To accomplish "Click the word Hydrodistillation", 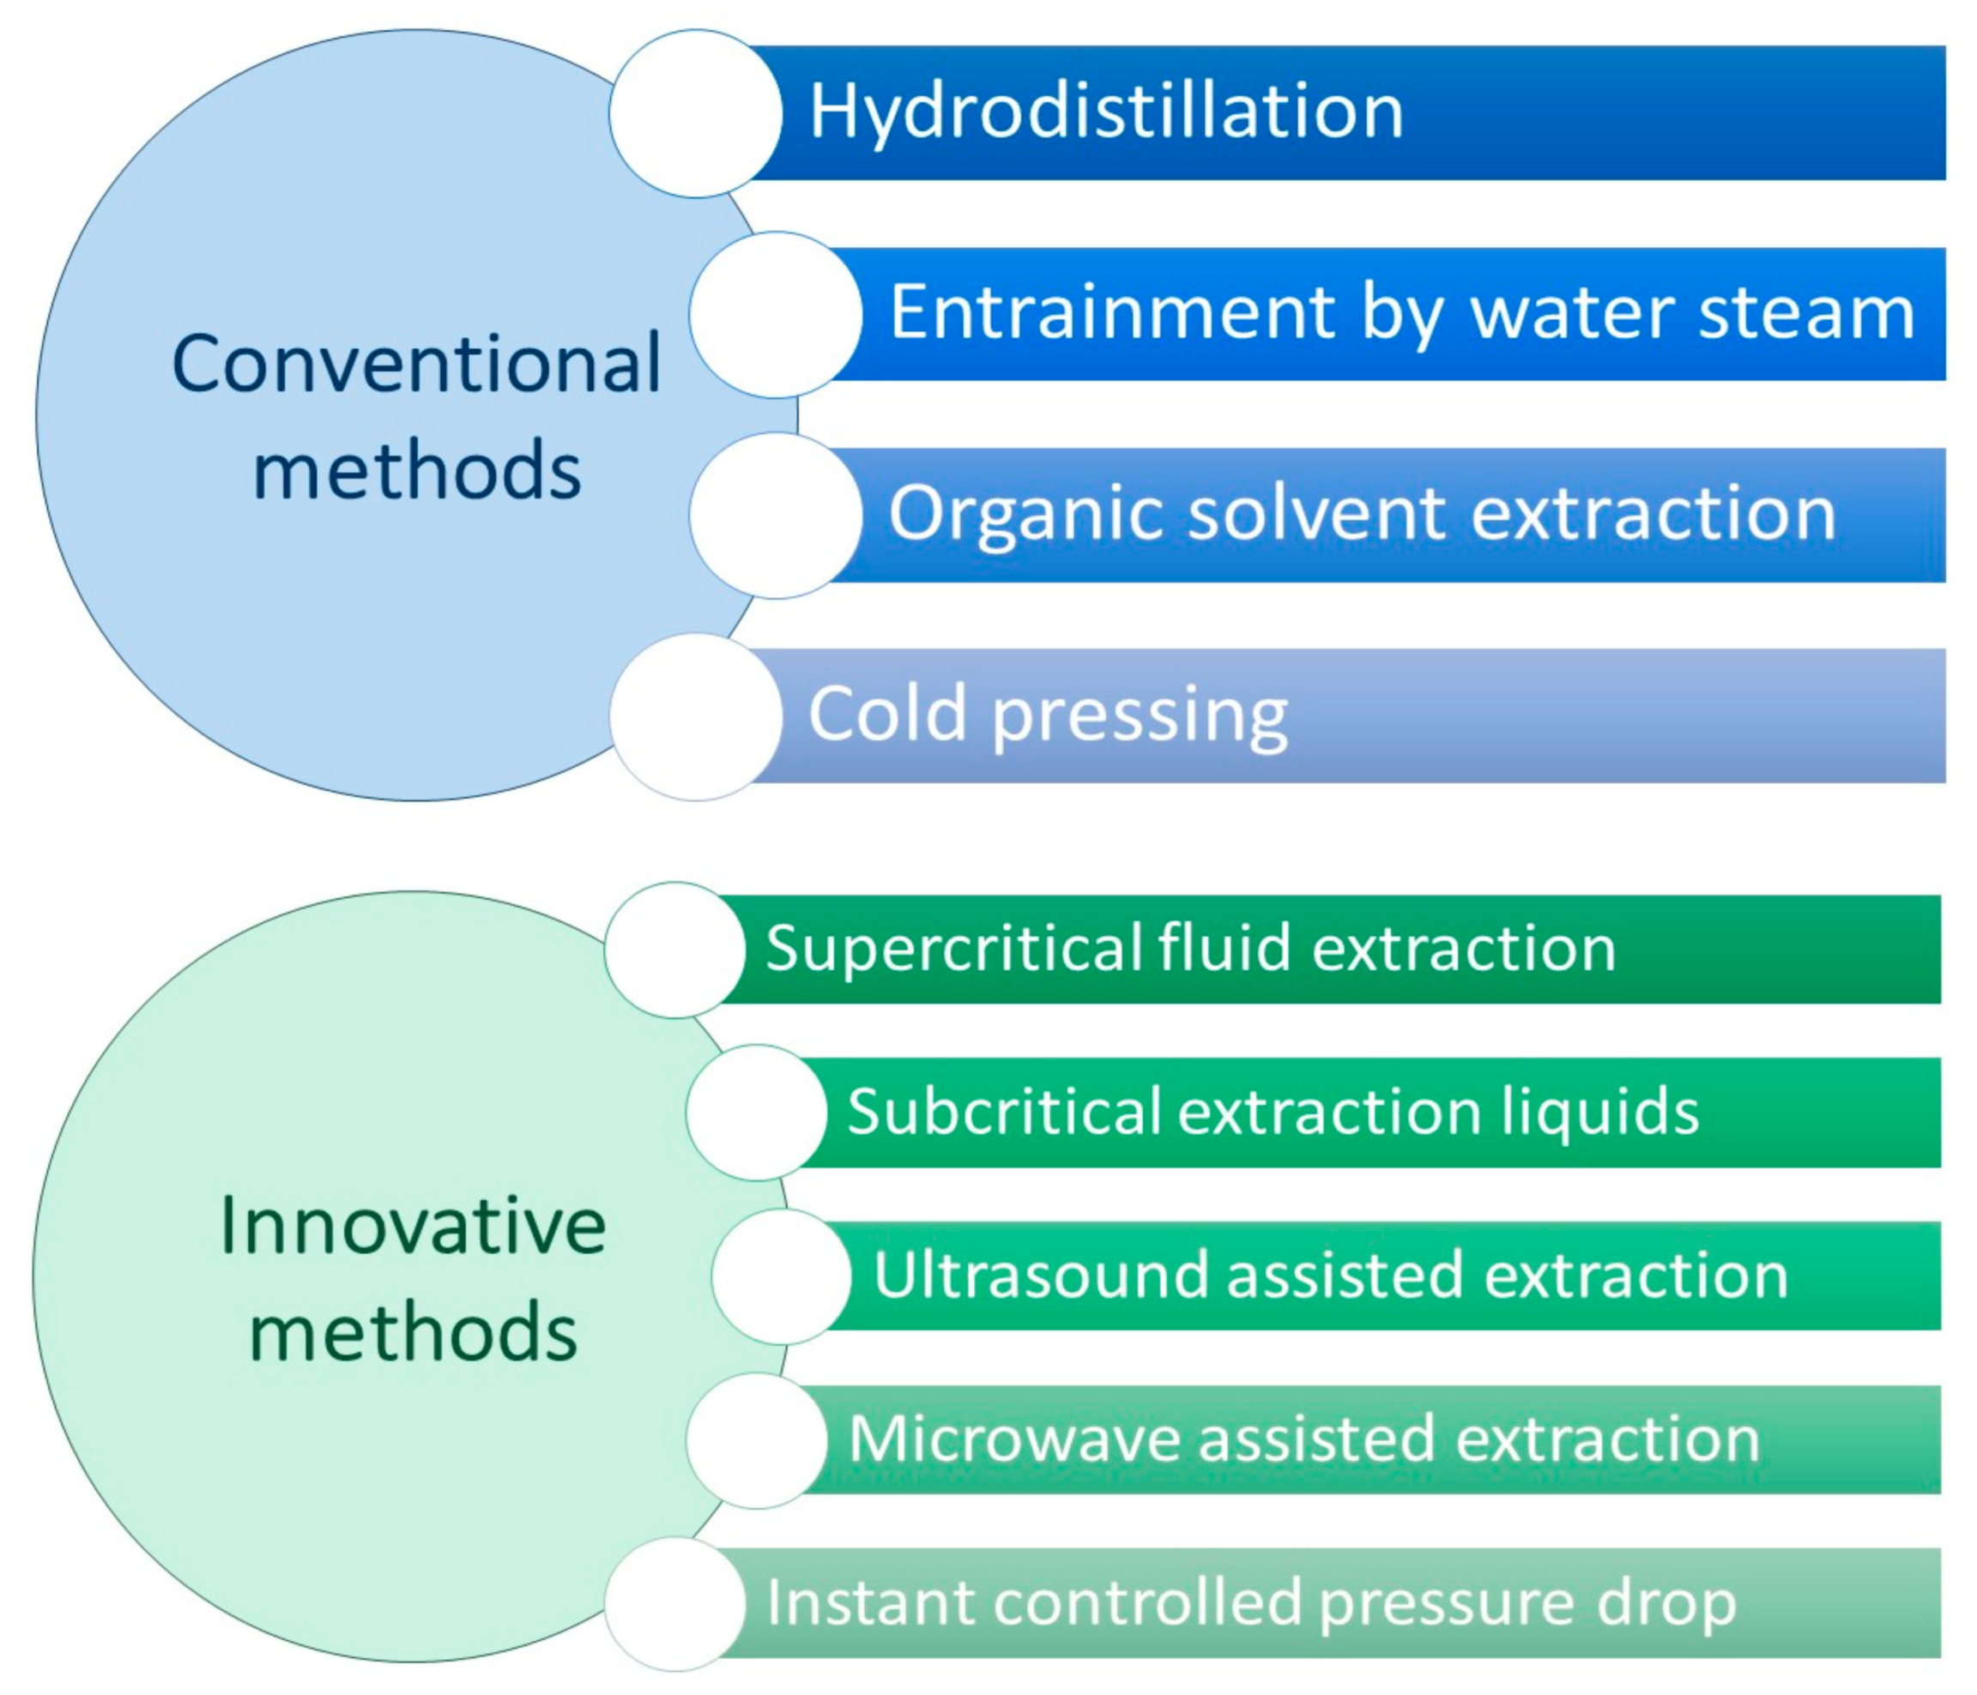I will click(1106, 112).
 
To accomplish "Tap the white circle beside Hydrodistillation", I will click(696, 113).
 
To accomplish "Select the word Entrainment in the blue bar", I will click(1110, 313).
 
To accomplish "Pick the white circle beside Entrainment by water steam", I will click(776, 315).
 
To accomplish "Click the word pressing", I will click(1140, 716).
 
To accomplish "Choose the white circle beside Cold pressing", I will click(696, 717).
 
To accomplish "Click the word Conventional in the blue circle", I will click(416, 364).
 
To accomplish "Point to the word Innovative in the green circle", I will click(412, 1226).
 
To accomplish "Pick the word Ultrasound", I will click(1040, 1276).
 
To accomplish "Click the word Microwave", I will click(1014, 1439).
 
